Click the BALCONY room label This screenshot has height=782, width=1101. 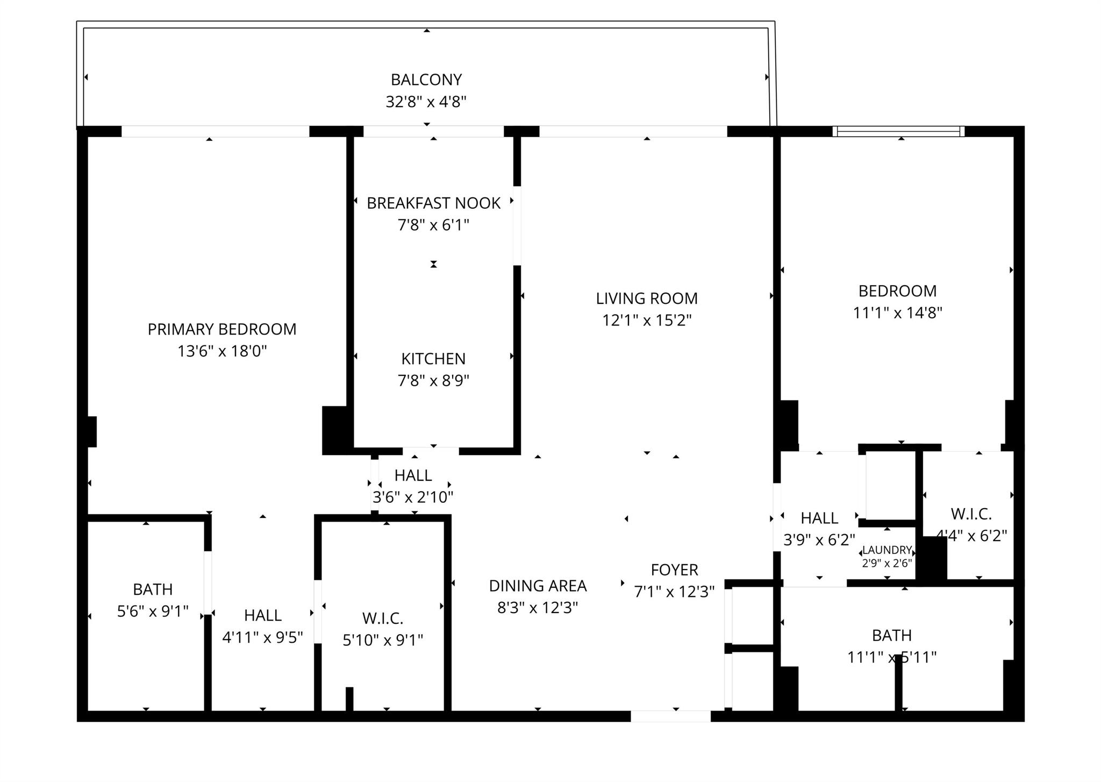pos(426,80)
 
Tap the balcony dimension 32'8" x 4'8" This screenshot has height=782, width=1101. pos(426,102)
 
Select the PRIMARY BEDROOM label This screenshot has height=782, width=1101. pos(222,329)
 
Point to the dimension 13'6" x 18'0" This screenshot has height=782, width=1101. pos(222,351)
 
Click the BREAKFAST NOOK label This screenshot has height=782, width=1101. pos(433,203)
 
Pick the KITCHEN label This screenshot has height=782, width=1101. pos(433,359)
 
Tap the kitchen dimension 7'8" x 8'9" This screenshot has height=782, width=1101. pos(433,381)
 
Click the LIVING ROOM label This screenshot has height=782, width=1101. pos(647,298)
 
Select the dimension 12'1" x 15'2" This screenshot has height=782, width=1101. pos(647,321)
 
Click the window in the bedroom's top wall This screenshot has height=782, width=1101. pos(898,131)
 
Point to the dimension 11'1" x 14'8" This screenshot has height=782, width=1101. pos(897,313)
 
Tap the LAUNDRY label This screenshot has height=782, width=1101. pos(887,550)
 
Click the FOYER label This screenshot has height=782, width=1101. pos(674,570)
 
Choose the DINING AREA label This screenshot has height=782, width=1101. pos(538,586)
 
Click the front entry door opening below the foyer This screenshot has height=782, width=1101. pos(670,716)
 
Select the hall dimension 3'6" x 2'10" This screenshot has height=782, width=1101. pos(413,497)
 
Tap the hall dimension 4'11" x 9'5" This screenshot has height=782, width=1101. pos(262,637)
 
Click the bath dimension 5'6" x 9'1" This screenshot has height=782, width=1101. pos(153,612)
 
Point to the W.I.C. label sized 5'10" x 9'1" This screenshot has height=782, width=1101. pos(383,619)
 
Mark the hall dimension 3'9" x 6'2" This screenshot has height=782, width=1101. pos(819,539)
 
